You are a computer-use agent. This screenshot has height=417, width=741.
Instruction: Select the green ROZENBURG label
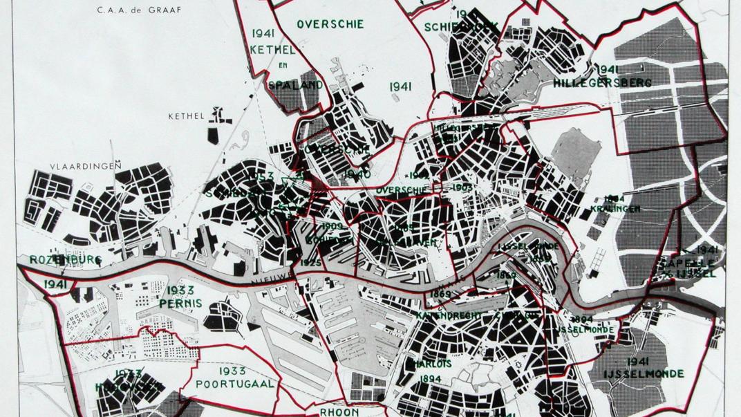tap(65, 260)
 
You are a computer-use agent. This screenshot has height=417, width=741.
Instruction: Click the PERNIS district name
tap(180, 303)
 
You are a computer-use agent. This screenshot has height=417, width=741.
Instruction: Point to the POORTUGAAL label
tap(235, 383)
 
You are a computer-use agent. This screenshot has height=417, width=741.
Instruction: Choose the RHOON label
tap(339, 411)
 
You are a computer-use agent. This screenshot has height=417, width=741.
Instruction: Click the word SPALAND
tap(295, 85)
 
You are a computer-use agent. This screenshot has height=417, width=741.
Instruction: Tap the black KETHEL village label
tap(187, 116)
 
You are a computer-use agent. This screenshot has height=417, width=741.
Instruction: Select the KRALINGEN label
tap(615, 208)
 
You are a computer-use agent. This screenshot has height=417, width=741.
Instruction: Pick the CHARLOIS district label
tap(430, 364)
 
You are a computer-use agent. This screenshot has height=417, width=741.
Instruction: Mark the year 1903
tap(462, 187)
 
